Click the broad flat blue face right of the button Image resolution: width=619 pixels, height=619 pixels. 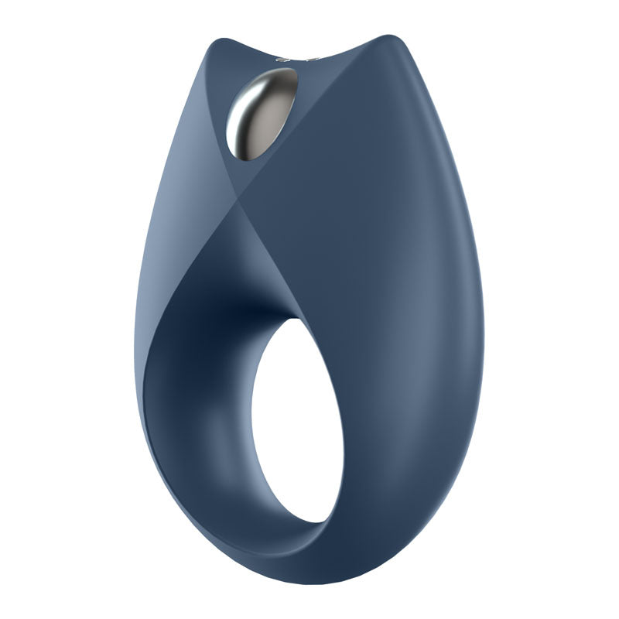pyautogui.click(x=371, y=193)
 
